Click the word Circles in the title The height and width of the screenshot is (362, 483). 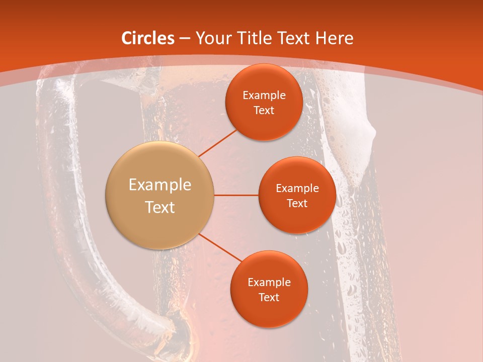pos(148,38)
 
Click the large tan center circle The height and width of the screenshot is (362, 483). pos(159,195)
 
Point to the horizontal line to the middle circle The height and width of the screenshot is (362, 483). pos(236,195)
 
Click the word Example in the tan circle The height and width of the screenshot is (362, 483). pos(159,185)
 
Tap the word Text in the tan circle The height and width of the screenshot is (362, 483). pos(159,207)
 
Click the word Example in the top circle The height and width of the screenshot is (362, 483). pos(264,96)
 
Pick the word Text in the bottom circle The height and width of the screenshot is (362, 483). pos(269,297)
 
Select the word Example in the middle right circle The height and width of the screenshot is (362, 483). pos(297,189)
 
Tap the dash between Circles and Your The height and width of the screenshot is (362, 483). pos(185,39)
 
